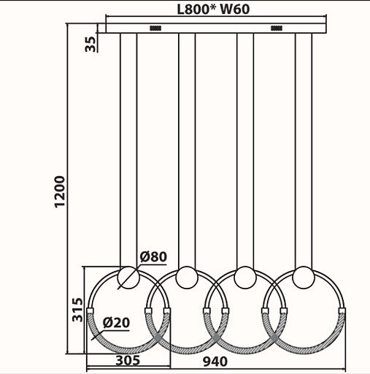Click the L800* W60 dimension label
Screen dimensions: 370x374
213,9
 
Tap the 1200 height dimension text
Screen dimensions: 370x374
60,191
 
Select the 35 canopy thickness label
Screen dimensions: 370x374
90,44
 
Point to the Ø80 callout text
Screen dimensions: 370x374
153,256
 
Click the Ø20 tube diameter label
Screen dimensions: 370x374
116,323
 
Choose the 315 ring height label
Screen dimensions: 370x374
78,310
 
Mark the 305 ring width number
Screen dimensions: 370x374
128,361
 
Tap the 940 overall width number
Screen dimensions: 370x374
215,362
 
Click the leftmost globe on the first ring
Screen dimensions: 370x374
128,278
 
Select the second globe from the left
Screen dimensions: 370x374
187,278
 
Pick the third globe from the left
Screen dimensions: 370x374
245,278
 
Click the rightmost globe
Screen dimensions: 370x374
304,278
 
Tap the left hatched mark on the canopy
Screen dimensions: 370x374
155,28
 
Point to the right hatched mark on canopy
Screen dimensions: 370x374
277,28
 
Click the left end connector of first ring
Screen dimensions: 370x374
90,310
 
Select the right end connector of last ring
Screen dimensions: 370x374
342,310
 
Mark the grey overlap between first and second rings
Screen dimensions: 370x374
158,337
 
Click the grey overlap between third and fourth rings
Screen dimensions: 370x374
274,337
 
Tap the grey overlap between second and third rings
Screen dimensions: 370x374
216,337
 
